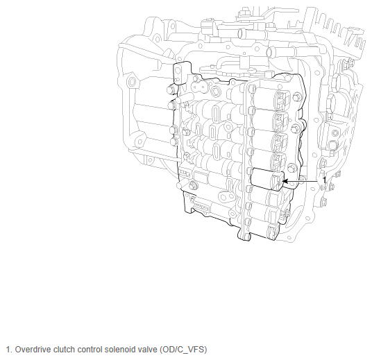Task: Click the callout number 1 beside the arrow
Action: coord(325,180)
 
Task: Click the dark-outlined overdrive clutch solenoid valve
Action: coord(267,178)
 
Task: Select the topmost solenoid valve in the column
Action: coord(270,98)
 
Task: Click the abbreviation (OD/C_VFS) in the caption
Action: coord(183,350)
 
